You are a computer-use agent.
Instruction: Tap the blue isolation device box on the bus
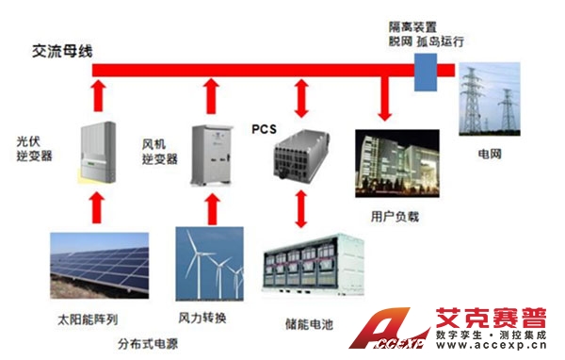(426, 69)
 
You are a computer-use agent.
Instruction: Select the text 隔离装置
(411, 26)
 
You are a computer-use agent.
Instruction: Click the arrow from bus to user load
(383, 99)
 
